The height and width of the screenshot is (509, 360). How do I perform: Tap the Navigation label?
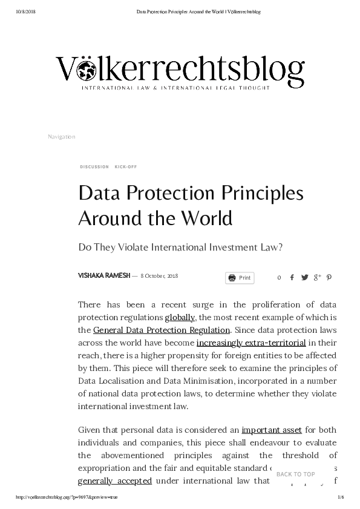[61, 137]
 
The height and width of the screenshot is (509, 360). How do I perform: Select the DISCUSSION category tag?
[94, 166]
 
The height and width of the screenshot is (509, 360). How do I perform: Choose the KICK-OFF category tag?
[126, 166]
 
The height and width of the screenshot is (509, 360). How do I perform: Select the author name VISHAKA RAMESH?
[103, 275]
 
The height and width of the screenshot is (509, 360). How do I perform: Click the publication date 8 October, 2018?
[159, 276]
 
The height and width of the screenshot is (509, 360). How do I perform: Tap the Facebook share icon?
[292, 278]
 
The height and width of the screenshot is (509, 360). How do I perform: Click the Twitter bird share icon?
[304, 278]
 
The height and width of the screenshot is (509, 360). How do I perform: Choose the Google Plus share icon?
[317, 278]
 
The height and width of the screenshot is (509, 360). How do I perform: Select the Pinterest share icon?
[329, 278]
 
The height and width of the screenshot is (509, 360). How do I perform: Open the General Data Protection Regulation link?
[162, 330]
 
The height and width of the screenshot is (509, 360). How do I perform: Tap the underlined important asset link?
[272, 430]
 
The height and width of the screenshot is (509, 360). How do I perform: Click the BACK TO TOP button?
[295, 475]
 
